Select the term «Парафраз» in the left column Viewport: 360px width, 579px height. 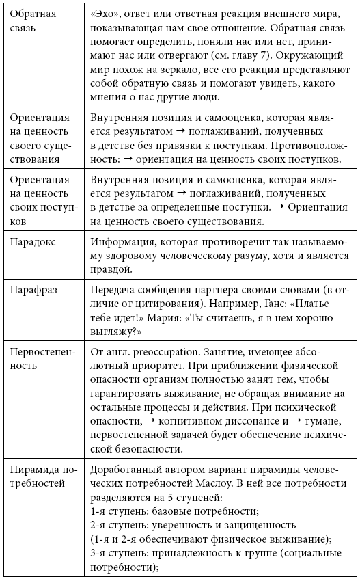pyautogui.click(x=34, y=290)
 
